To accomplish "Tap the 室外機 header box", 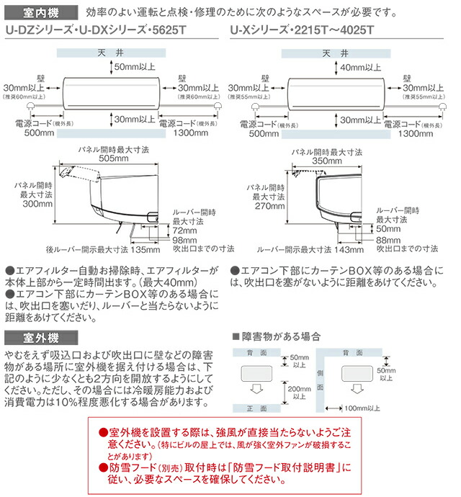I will point(31,336).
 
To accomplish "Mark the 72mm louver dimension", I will point(184,230).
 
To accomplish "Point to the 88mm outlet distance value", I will point(388,240).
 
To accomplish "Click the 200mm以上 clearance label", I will point(297,391).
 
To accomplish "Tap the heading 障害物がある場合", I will point(279,336).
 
